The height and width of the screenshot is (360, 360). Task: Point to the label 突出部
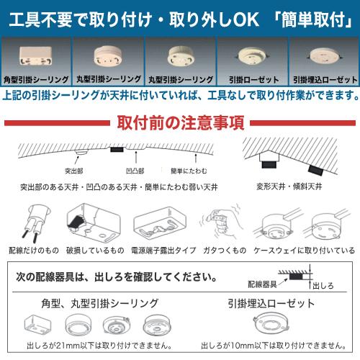click(x=73, y=171)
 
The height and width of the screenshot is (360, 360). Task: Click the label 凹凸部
click(x=135, y=171)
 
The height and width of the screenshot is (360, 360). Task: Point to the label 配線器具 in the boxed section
click(x=261, y=284)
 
